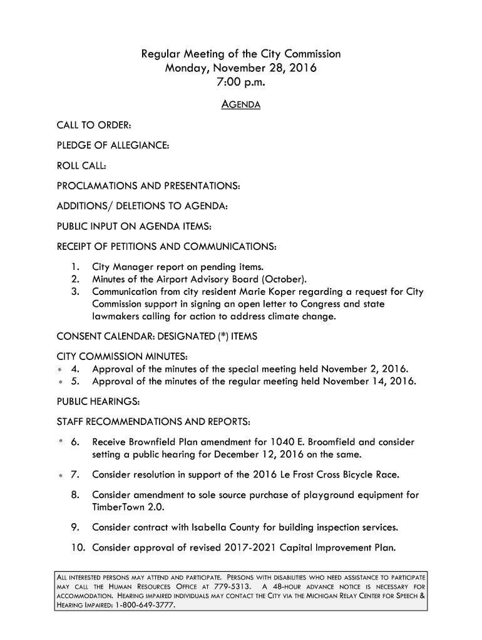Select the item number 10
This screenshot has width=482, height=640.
pyautogui.click(x=78, y=549)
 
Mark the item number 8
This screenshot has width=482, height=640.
pyautogui.click(x=74, y=496)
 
